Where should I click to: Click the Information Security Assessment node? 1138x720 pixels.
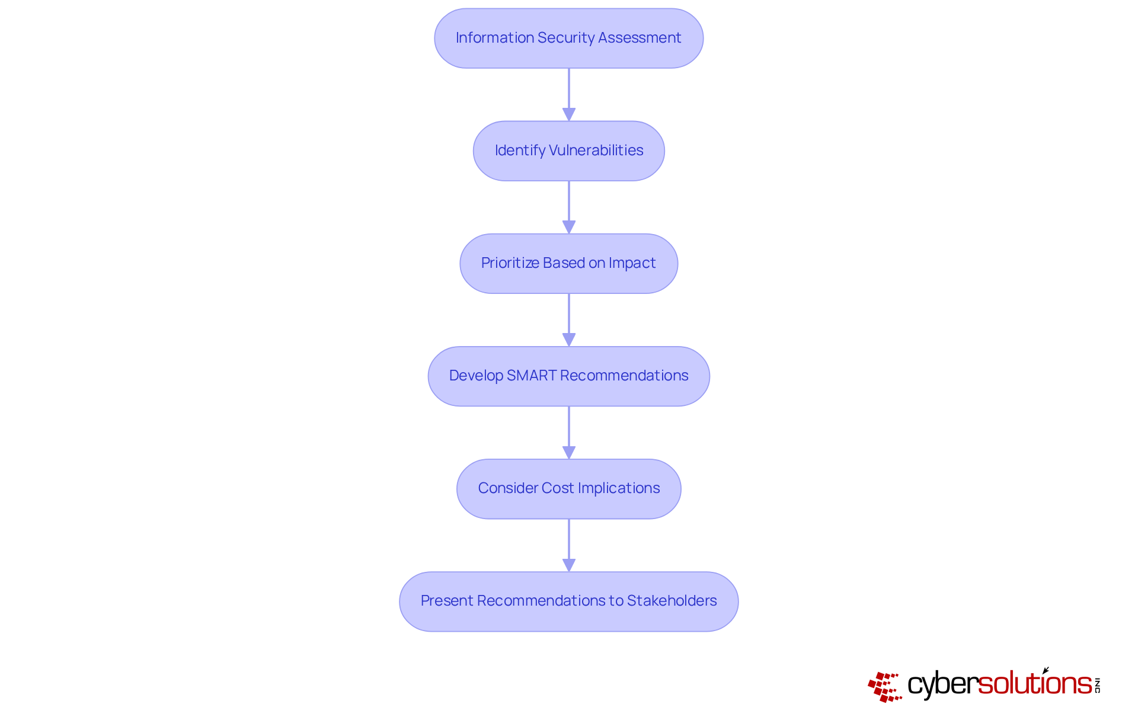pos(568,38)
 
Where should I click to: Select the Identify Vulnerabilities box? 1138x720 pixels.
pos(568,151)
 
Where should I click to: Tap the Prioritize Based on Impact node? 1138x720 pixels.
pos(568,263)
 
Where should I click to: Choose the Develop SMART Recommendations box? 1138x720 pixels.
pos(568,376)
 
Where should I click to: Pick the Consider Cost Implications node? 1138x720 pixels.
pos(568,488)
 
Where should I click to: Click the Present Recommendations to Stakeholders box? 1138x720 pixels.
pos(568,601)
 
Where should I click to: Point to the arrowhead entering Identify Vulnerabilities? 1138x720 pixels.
pos(569,114)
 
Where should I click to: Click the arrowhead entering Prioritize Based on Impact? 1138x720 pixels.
pos(569,227)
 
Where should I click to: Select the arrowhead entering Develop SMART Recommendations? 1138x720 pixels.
pos(569,340)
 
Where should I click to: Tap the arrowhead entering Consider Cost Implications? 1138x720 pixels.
pos(569,452)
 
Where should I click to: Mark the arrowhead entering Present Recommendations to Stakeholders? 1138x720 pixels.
pos(569,565)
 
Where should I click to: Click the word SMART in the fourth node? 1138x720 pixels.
pos(532,376)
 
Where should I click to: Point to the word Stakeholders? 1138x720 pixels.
pos(672,601)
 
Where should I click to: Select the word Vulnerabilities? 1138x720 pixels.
pos(596,151)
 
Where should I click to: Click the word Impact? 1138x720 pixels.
pos(632,263)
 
